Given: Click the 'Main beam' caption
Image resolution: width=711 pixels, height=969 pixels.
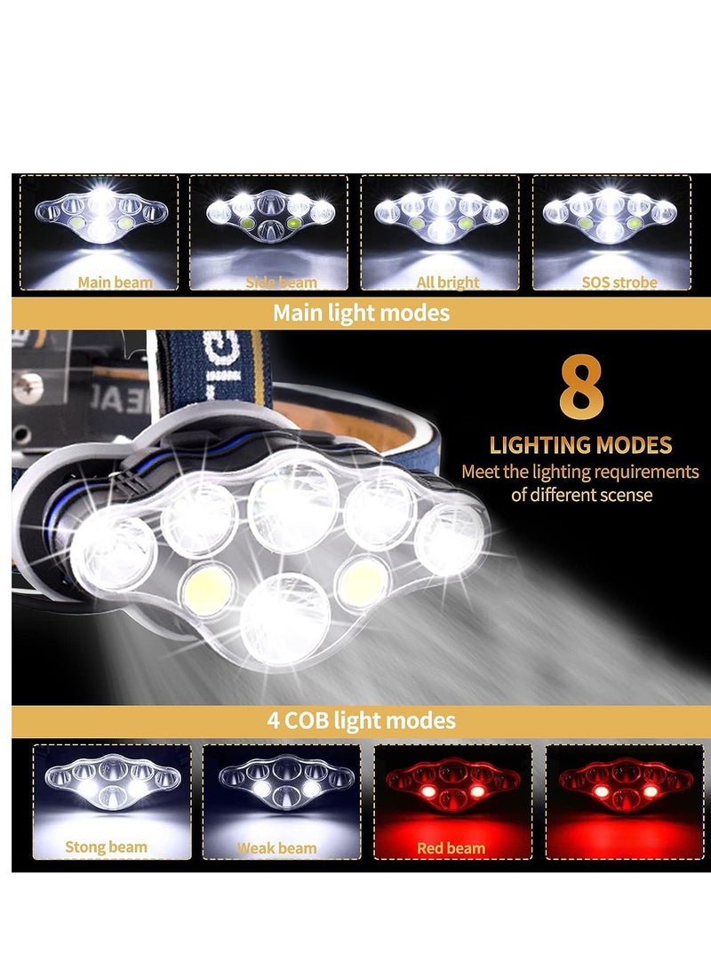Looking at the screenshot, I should point(115,282).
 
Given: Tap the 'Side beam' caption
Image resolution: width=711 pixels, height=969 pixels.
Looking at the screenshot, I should point(280,282).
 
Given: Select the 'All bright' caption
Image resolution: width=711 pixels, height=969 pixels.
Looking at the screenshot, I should point(448,282).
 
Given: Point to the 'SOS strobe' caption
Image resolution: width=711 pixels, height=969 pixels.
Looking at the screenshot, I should point(619,282).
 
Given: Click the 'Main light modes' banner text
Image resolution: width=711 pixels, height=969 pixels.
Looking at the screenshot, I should point(361,313).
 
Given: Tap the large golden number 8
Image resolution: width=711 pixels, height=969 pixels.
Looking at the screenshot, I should point(581,389).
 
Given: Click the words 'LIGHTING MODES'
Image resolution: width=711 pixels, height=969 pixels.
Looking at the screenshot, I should point(581,445).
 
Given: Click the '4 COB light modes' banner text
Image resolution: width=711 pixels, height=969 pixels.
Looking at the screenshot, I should point(361,719).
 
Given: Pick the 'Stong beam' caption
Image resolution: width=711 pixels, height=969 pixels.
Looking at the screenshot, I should point(106,846).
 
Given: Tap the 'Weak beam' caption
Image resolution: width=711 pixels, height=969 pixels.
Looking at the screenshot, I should point(276,847).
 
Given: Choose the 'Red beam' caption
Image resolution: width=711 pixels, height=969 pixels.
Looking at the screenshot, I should point(451,847).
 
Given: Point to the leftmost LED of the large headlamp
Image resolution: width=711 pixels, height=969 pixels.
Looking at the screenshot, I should point(114,551).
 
